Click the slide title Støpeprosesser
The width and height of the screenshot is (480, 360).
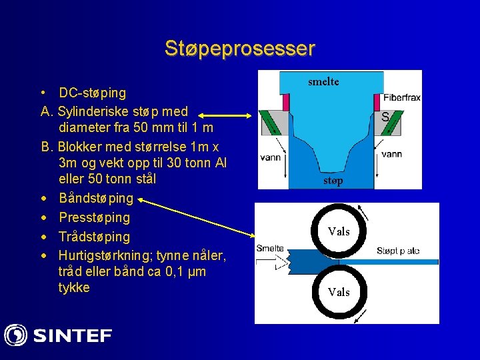tap(240, 49)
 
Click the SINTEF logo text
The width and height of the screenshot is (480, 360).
tap(73, 335)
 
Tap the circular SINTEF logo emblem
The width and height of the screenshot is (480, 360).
tap(15, 335)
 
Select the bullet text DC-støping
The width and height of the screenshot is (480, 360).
tap(92, 93)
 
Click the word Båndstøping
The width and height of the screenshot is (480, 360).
tap(96, 198)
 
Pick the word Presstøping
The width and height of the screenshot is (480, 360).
tap(94, 217)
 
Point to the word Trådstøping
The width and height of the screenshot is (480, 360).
tap(94, 237)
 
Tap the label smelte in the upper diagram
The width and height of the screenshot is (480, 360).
tap(323, 81)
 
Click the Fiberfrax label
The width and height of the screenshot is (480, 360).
tap(401, 97)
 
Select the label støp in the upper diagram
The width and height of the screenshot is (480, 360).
tap(333, 181)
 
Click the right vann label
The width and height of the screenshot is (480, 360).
tap(391, 154)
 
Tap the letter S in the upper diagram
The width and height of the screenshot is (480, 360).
tap(385, 117)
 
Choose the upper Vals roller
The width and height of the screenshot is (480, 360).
tap(339, 231)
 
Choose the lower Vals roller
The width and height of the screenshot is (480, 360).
tap(339, 292)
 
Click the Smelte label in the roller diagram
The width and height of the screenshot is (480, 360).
tap(270, 248)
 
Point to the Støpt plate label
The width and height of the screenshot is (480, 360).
tap(398, 251)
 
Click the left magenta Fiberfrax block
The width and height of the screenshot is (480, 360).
tap(285, 102)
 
